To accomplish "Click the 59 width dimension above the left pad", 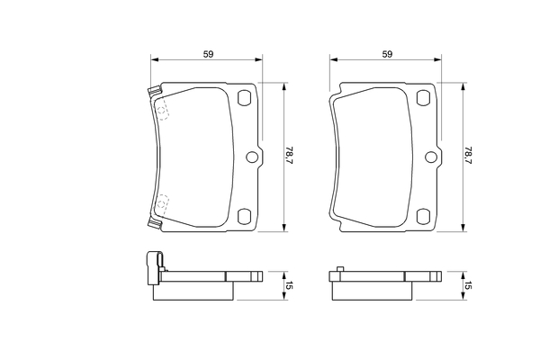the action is click(209, 54).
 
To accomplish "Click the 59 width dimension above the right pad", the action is click(387, 54).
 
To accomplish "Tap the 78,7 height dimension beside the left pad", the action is click(289, 155).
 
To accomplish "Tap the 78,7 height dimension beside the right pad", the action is click(468, 155).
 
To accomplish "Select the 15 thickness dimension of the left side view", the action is click(289, 285).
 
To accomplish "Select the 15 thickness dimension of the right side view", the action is click(468, 285).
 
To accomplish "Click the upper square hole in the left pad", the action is click(245, 97).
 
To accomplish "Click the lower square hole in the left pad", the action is click(245, 216).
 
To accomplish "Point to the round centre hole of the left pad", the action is click(252, 157).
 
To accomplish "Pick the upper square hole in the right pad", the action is click(423, 97).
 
